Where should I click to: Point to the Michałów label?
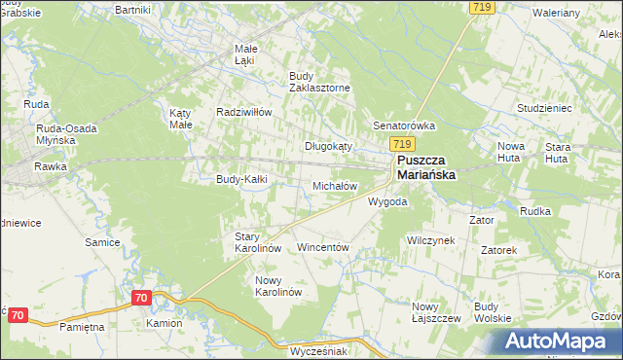point(334,185)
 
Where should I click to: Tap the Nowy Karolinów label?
point(278,286)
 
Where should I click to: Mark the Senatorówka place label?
point(404,126)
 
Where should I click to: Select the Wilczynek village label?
point(430,240)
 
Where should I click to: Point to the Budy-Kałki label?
point(240,179)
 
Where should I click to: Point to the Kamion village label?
point(165,322)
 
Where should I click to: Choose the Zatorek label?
point(498,250)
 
